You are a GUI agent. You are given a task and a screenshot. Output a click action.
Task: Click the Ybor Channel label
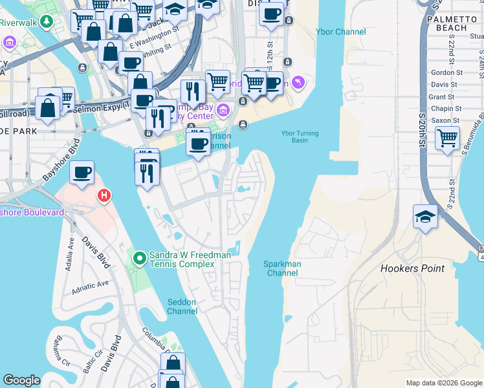[x=340, y=32]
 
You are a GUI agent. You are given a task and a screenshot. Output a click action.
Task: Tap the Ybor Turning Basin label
[x=298, y=136]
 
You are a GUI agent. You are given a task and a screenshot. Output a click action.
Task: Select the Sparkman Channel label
[x=281, y=268]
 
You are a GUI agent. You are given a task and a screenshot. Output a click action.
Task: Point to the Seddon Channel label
[x=182, y=307]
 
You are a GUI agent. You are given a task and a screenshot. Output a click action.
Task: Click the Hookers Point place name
[x=412, y=268]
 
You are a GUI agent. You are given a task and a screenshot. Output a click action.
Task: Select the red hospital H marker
[x=103, y=195]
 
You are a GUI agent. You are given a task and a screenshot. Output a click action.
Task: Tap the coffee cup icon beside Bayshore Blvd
[x=82, y=173]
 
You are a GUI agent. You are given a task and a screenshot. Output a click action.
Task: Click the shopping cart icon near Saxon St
[x=447, y=138]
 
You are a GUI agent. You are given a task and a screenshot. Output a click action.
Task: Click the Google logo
[x=21, y=380]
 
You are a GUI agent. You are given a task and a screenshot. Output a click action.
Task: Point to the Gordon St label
[x=446, y=73]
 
